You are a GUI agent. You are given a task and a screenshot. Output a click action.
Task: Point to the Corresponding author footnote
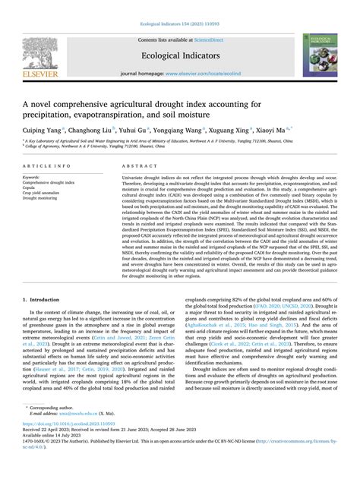point(69,423)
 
